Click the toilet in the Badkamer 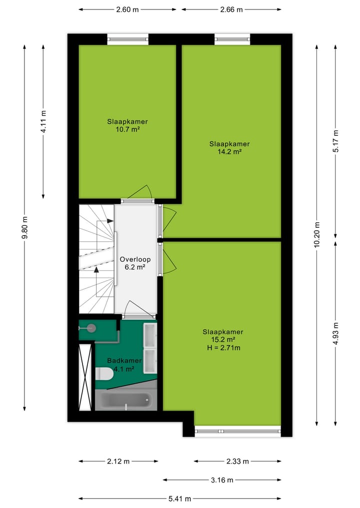(104, 373)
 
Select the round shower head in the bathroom (91, 328)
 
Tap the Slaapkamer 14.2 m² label (229, 148)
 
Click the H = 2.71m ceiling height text (223, 348)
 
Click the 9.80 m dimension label (24, 227)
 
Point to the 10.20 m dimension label (316, 234)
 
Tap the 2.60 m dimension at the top (127, 9)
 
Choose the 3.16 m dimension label (222, 480)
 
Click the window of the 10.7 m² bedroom (128, 39)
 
